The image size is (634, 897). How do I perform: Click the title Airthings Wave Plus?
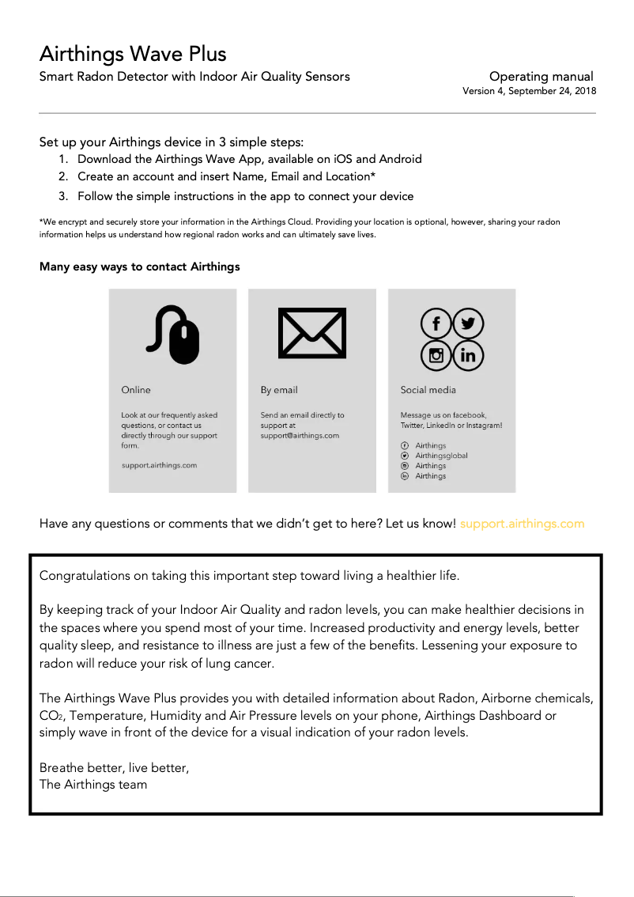[x=133, y=54]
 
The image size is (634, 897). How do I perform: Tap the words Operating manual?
[x=541, y=77]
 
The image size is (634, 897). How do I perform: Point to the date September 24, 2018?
[x=552, y=91]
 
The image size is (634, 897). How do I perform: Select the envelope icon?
[x=311, y=333]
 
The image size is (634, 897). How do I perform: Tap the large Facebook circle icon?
[x=436, y=324]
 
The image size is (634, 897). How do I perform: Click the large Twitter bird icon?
[x=468, y=324]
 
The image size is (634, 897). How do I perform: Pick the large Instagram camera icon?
[x=436, y=355]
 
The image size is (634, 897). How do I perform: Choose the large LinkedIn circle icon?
[x=468, y=355]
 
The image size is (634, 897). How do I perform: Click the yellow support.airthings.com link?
[x=522, y=524]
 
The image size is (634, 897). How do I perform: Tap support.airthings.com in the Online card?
[x=159, y=465]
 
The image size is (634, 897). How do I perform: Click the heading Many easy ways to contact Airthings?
[x=139, y=267]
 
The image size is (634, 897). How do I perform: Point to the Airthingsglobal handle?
[x=441, y=456]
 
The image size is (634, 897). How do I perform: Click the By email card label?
[x=279, y=390]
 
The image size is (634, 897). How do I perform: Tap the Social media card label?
[x=428, y=390]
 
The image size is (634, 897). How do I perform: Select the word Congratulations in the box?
[x=84, y=575]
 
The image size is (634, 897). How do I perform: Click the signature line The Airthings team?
[x=93, y=784]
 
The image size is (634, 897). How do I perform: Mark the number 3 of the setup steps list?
[x=62, y=196]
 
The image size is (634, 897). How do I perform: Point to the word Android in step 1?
[x=400, y=159]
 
